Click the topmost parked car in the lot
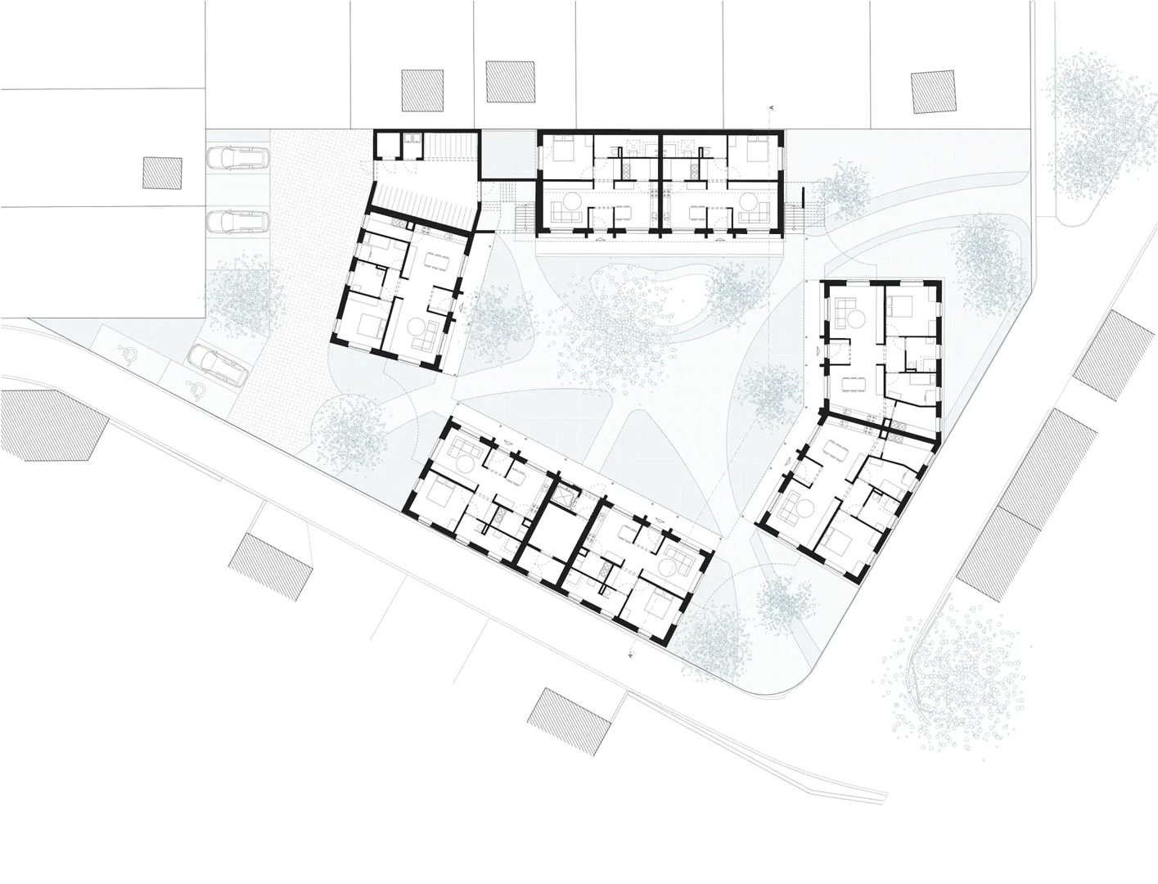coord(237,157)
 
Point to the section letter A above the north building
coord(772,108)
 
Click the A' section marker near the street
coord(631,656)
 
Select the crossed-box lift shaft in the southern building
coord(563,495)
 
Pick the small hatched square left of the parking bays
coord(163,173)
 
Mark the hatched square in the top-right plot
coord(933,92)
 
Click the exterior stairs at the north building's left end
coord(525,219)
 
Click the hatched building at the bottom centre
coord(571,721)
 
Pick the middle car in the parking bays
coord(237,222)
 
